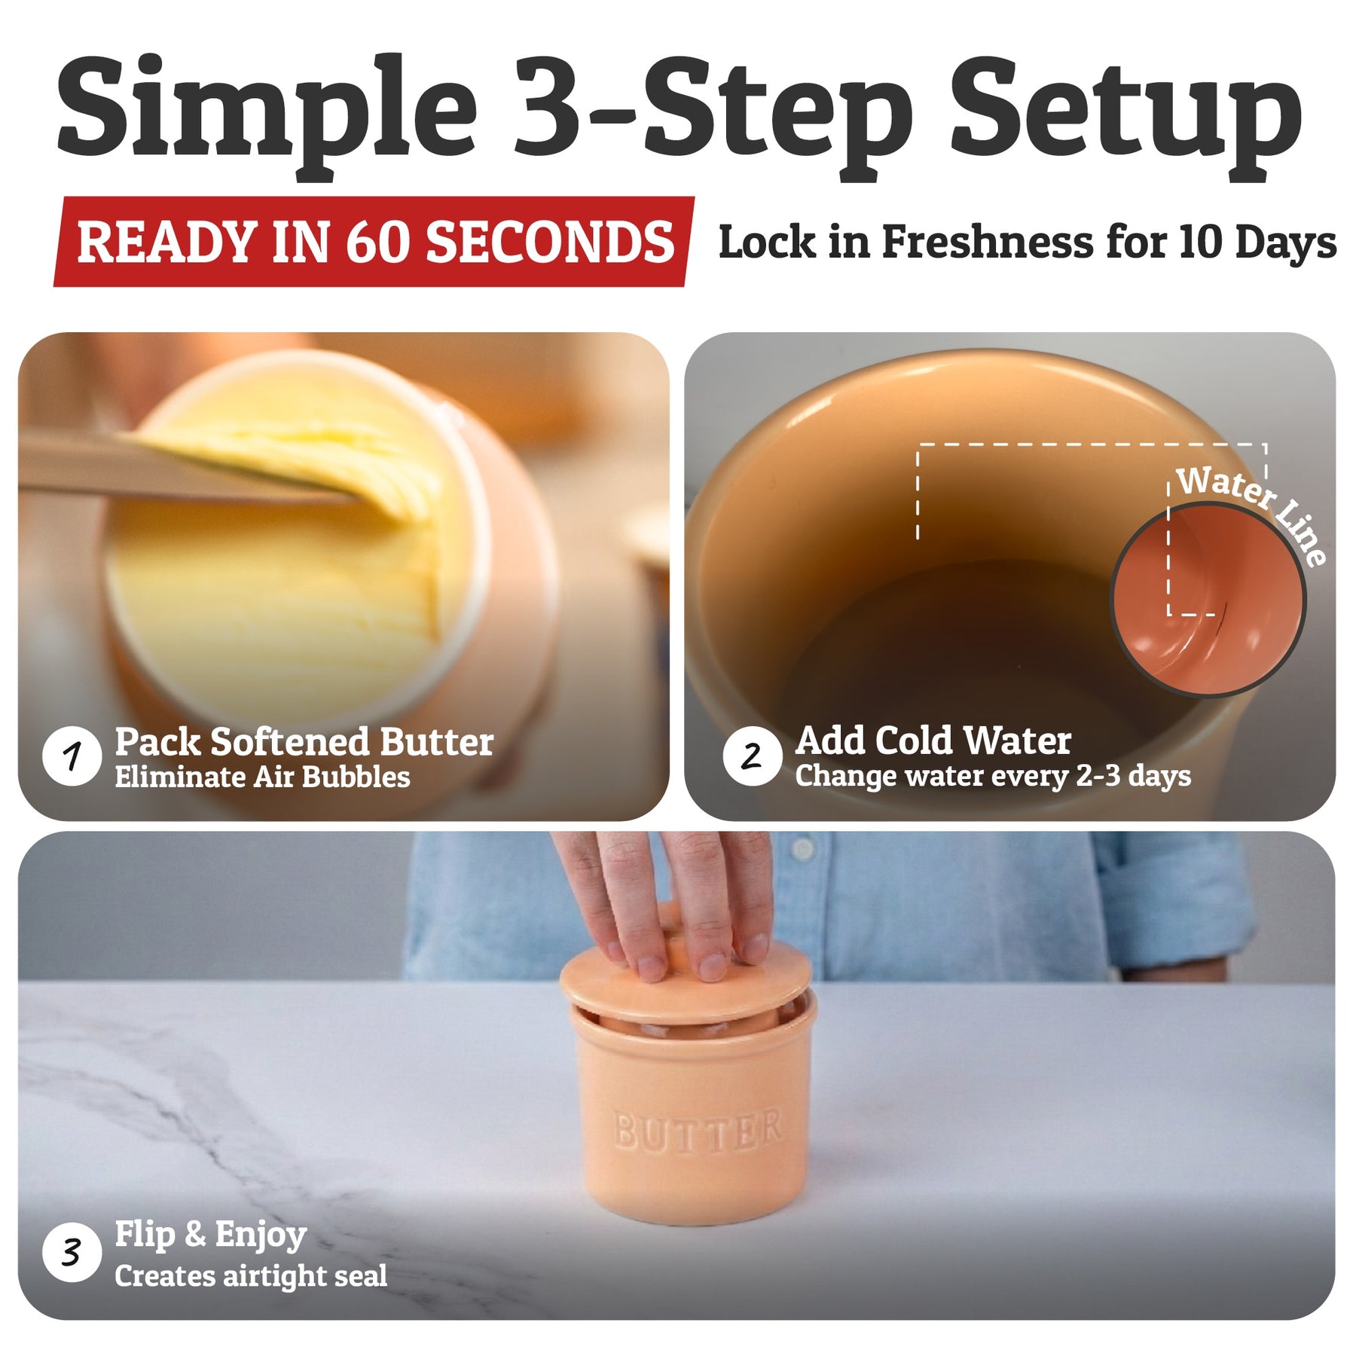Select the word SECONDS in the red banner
(x=550, y=242)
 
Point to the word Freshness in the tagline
(x=987, y=242)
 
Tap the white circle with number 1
(x=72, y=756)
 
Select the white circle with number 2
(x=751, y=756)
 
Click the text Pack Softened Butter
(x=304, y=742)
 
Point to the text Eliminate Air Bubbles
(x=262, y=777)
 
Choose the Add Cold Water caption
(x=933, y=741)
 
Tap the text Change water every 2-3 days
(x=993, y=776)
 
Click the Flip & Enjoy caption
(x=210, y=1235)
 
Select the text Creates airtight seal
(x=251, y=1276)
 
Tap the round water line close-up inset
(x=1208, y=600)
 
